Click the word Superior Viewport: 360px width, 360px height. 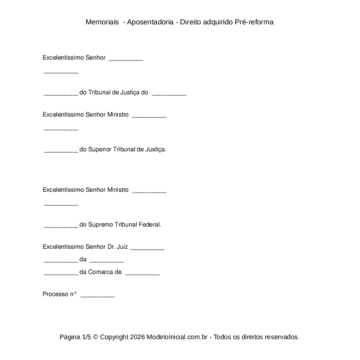(x=99, y=149)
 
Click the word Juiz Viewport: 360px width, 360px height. (x=122, y=247)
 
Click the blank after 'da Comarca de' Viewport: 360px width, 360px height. (x=142, y=273)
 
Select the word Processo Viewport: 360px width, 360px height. (x=55, y=294)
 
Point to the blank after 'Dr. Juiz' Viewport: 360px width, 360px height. (x=147, y=248)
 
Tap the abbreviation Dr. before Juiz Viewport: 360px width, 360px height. (x=111, y=247)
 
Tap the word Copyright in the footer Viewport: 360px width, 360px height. (x=114, y=337)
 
